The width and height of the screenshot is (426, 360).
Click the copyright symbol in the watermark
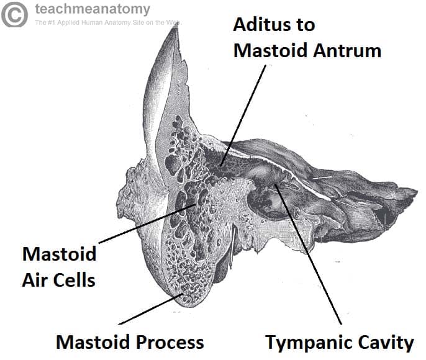(x=14, y=15)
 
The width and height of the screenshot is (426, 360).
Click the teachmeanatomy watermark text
(x=93, y=9)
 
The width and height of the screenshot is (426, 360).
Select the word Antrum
(x=347, y=50)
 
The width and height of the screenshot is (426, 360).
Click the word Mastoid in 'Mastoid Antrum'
(x=271, y=50)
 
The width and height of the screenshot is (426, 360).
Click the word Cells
(x=74, y=280)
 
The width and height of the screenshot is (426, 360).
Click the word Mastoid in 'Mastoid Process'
(x=93, y=342)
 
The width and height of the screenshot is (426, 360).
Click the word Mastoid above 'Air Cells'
(x=59, y=254)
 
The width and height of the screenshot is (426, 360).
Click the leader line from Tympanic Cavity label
(x=309, y=254)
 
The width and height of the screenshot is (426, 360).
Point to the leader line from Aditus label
(x=243, y=115)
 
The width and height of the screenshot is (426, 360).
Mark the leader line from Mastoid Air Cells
(x=147, y=223)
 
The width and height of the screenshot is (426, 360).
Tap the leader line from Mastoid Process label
(x=151, y=309)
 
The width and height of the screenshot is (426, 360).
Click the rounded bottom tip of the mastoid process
(x=190, y=306)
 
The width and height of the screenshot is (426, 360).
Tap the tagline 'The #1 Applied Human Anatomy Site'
(x=108, y=22)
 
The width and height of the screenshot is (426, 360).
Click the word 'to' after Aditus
(x=306, y=25)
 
